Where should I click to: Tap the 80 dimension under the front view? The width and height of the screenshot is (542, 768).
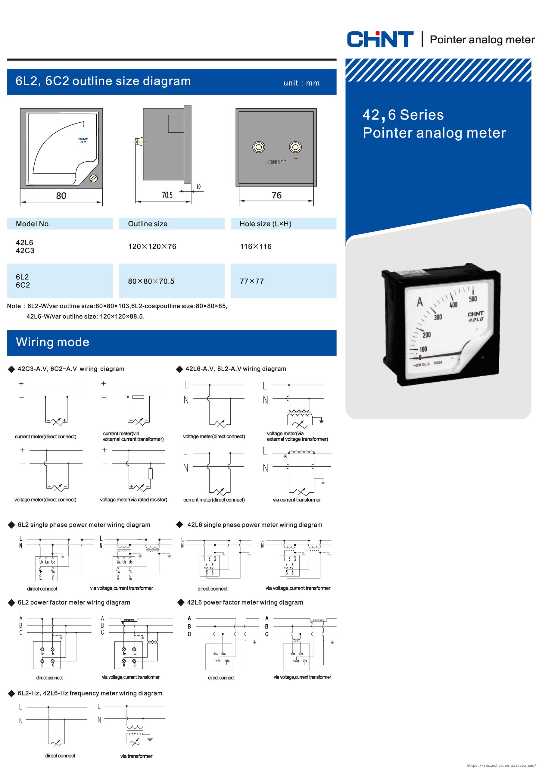[61, 196]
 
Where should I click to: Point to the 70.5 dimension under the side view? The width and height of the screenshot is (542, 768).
[167, 195]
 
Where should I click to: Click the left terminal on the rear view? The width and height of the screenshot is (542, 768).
[258, 147]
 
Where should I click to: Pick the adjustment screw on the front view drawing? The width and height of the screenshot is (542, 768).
[94, 178]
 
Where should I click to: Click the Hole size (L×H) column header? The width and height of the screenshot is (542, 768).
[266, 224]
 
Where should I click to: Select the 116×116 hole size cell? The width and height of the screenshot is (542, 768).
[256, 247]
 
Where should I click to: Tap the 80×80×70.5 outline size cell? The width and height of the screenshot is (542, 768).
[151, 281]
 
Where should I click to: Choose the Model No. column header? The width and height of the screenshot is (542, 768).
[33, 224]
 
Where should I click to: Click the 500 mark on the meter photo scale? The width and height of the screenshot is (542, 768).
[472, 299]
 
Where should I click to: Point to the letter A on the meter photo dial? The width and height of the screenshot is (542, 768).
[420, 302]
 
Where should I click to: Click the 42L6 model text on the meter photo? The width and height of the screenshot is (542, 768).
[475, 320]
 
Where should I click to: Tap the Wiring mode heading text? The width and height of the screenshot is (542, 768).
[52, 342]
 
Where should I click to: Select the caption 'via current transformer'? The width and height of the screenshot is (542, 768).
[297, 500]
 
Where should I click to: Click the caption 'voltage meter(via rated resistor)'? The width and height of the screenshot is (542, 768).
[133, 499]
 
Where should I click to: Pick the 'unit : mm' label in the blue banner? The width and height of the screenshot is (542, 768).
[302, 83]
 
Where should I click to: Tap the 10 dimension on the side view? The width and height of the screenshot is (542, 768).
[198, 187]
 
